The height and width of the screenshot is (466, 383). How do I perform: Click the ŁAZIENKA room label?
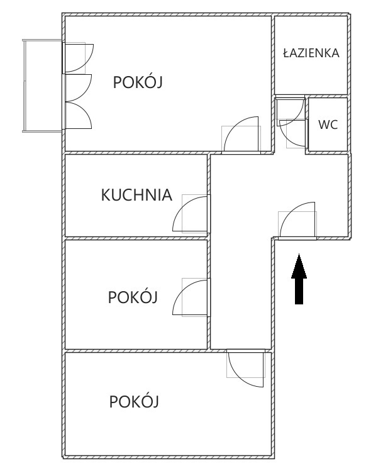311,53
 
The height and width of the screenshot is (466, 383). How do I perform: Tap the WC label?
328,125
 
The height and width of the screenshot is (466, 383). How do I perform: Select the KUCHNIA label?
136,195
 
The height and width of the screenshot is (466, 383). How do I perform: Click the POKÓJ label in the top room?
138,82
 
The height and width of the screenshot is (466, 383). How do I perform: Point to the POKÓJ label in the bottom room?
134,401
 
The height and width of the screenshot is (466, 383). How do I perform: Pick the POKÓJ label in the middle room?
133,297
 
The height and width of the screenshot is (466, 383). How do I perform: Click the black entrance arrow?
299,279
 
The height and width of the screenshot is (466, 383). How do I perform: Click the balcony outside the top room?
43,86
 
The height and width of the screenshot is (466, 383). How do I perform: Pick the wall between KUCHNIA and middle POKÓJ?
136,238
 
